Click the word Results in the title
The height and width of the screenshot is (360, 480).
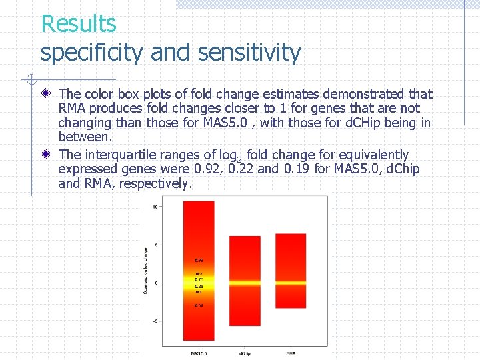click(79, 24)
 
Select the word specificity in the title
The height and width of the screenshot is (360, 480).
click(91, 52)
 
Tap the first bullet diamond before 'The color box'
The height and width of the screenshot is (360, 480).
click(46, 95)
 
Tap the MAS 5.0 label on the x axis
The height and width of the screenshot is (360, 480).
click(198, 353)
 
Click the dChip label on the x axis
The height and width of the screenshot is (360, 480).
click(245, 353)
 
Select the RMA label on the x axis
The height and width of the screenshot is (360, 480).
click(291, 353)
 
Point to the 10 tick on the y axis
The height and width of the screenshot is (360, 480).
click(155, 207)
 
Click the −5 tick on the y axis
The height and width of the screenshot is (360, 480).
click(155, 321)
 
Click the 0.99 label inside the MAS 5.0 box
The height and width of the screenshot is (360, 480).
click(199, 260)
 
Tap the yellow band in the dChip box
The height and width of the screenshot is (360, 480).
click(245, 283)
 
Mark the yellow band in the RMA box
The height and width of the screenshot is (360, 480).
click(291, 283)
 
